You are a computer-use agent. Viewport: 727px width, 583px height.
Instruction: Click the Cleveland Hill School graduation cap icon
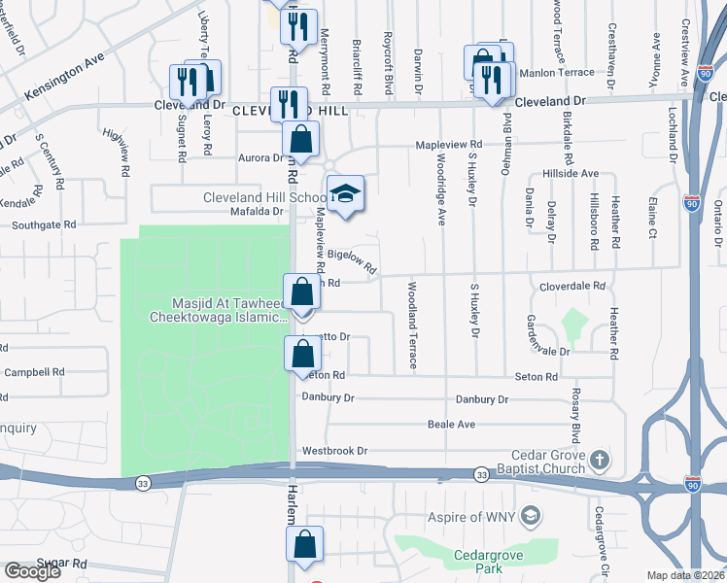pos(345,194)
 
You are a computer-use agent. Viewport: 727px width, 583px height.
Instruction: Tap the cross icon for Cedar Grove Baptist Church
pos(601,459)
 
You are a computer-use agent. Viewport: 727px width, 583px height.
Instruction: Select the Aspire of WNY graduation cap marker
pos(531,514)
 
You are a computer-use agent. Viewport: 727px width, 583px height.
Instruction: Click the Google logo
pos(33,571)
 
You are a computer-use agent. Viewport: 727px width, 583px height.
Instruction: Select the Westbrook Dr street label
pos(335,451)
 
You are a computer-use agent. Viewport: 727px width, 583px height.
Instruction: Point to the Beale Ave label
pos(451,425)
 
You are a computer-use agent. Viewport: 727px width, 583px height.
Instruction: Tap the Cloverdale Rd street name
pos(572,287)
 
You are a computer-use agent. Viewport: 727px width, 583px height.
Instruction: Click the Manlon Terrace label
pos(557,73)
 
